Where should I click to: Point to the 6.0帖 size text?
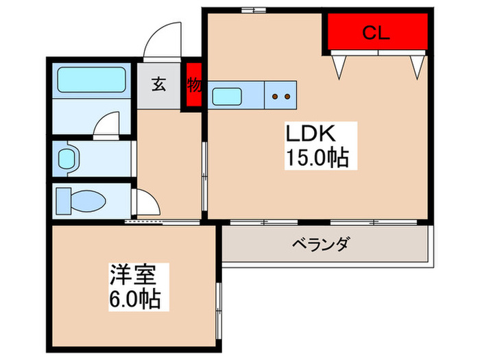134,300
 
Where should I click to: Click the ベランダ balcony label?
322,244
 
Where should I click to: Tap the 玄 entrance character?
158,85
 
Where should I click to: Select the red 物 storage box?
193,86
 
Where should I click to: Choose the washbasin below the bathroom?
67,158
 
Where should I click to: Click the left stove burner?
276,96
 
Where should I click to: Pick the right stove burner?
289,96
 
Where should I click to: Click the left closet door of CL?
339,66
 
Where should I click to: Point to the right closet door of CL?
416,66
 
